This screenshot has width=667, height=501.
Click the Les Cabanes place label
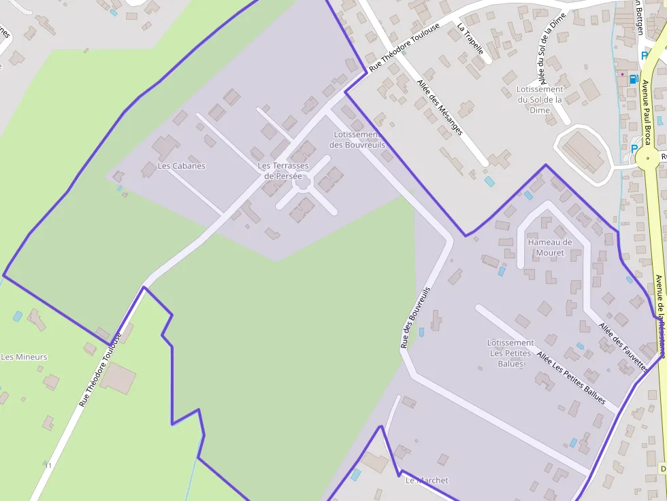pos(181,166)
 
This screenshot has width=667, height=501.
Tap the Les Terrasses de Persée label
pos(283,171)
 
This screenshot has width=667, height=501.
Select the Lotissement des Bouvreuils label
pos(357,140)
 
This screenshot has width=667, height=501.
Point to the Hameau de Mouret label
pos(550,247)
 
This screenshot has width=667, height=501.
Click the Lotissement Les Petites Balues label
pos(510,353)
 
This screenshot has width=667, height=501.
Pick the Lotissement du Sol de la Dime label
pos(540,99)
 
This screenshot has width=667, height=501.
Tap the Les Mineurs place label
pos(25,357)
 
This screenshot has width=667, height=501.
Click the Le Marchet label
pos(427,481)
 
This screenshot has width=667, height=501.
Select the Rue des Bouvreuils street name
pos(415,317)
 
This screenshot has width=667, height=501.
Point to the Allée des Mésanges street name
pos(440,107)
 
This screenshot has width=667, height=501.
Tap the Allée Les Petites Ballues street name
pos(570,377)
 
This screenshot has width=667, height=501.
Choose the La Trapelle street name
pos(470,39)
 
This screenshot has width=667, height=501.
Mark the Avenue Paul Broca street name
pos(647,113)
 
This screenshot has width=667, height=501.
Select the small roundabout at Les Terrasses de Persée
pos(302,182)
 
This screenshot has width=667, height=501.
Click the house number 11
pos(48,466)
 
